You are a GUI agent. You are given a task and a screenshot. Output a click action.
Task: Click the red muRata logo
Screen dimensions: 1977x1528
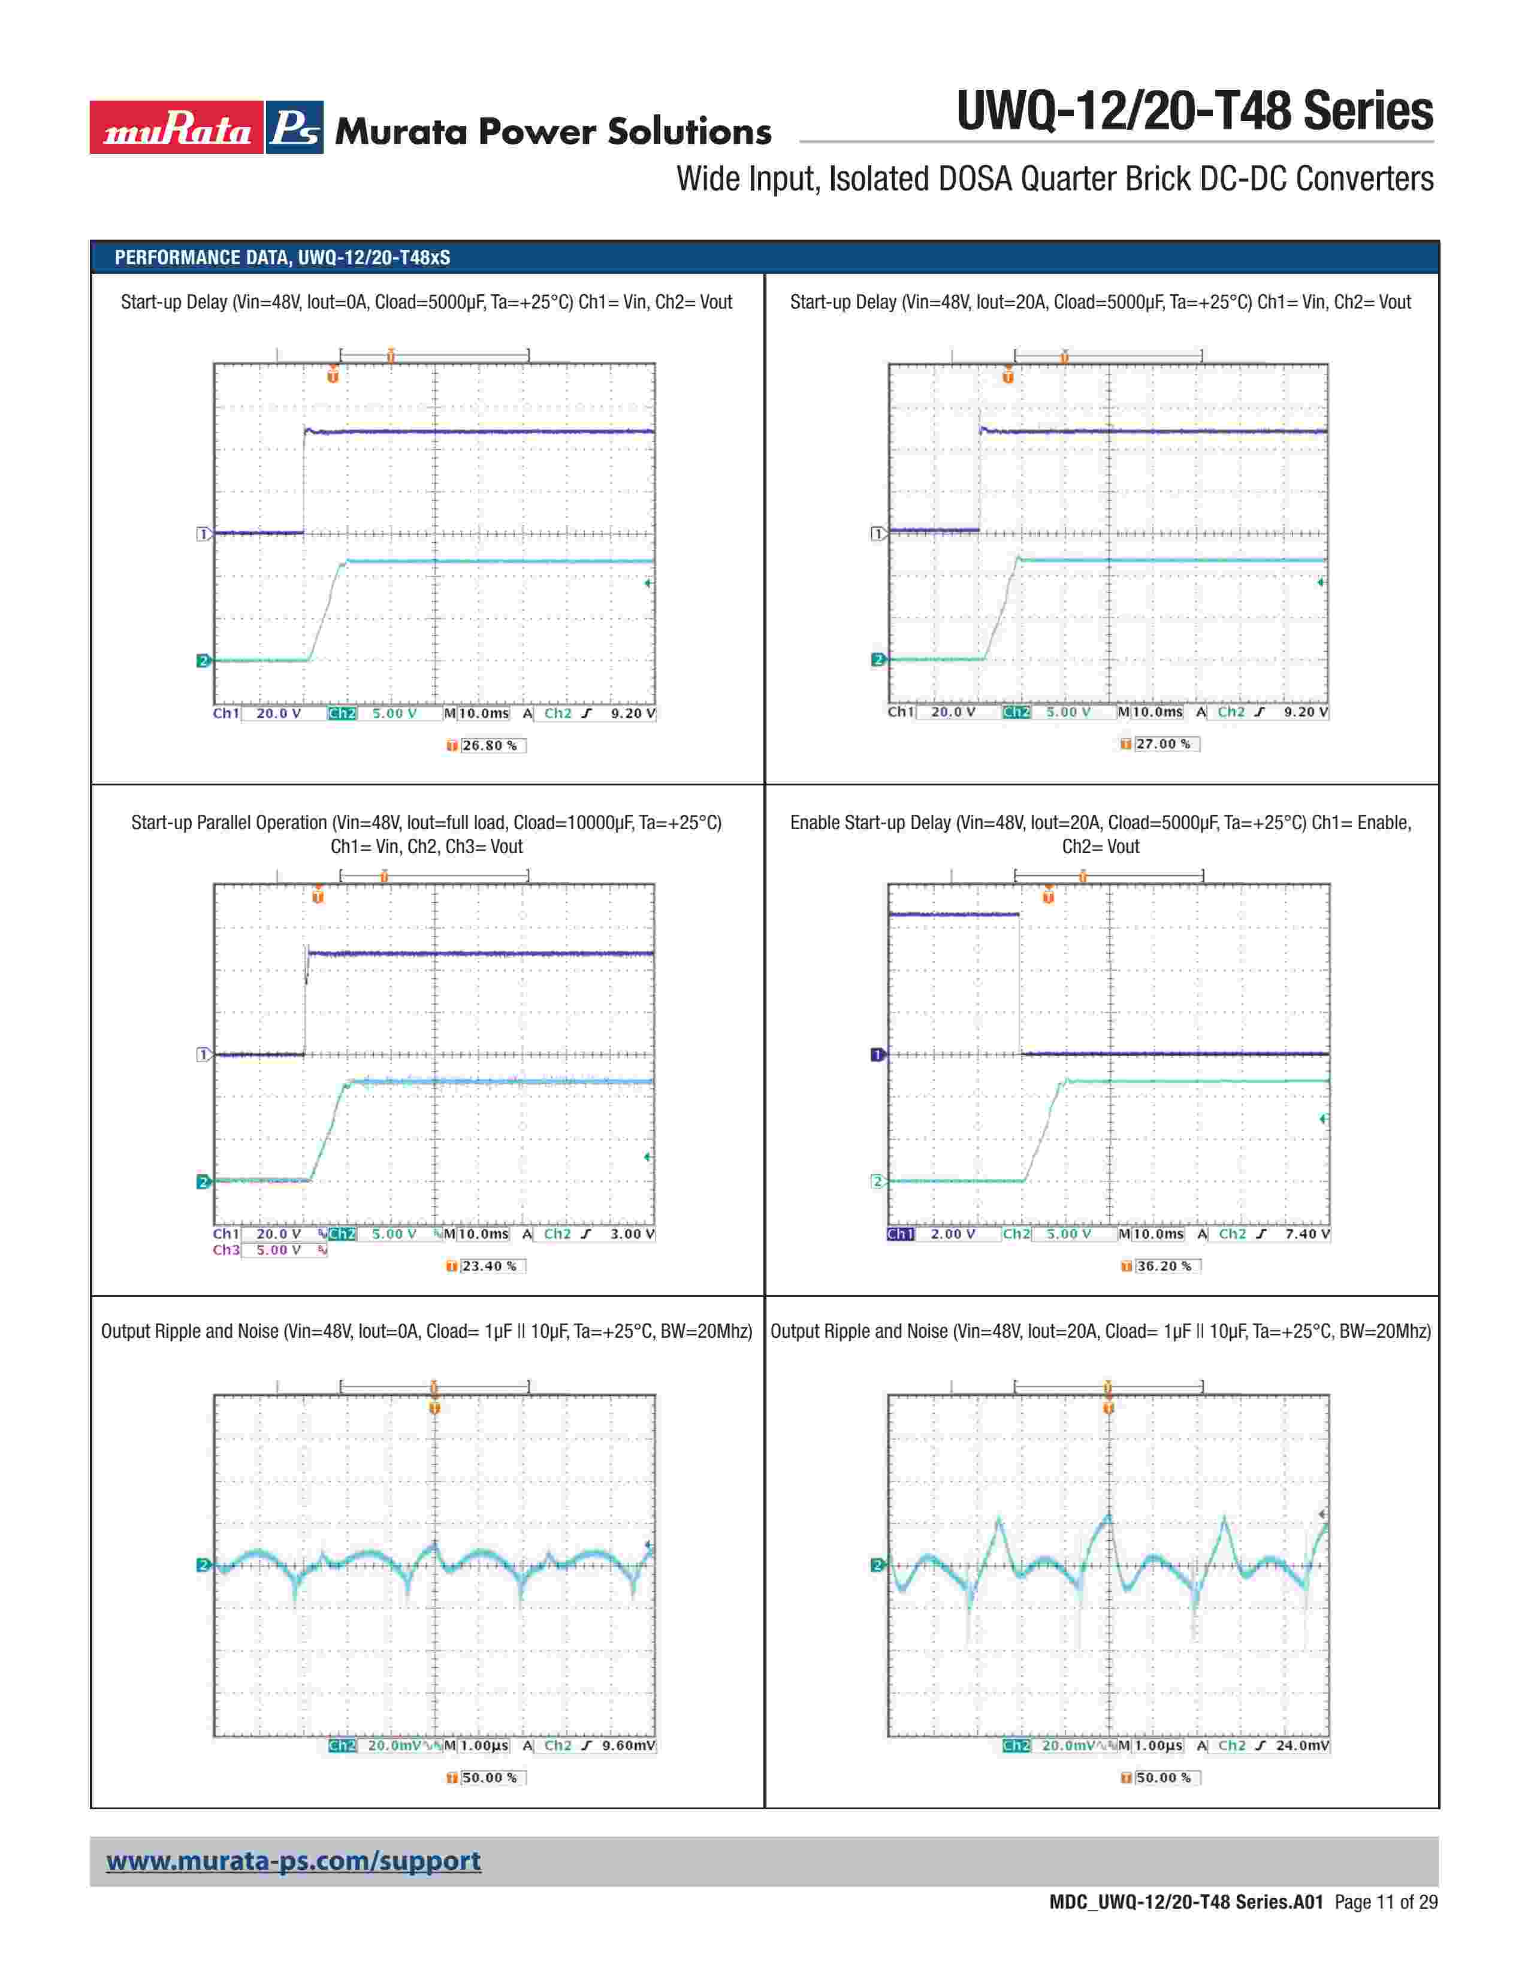pos(177,128)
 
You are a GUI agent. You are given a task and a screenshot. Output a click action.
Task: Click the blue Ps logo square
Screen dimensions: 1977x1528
pos(295,128)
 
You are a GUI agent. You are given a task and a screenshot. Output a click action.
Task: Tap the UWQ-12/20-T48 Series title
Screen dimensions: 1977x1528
pos(1194,111)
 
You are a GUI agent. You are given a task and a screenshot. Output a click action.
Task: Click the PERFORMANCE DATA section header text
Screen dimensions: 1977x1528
pos(282,257)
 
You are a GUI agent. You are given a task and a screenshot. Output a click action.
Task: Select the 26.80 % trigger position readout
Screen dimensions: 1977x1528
pos(489,746)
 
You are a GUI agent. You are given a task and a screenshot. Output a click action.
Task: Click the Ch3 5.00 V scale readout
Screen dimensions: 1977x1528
pos(271,1250)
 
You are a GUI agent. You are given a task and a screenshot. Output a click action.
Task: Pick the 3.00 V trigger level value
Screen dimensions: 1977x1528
pos(632,1234)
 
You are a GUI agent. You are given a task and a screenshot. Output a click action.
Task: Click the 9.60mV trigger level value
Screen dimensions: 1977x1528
pos(628,1745)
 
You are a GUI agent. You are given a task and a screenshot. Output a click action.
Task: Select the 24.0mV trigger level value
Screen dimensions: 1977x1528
pos(1303,1745)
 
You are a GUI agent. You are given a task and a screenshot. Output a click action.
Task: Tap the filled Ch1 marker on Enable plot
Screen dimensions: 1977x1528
pos(876,1054)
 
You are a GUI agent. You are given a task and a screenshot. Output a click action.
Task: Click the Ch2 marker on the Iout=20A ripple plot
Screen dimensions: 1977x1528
pos(876,1565)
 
